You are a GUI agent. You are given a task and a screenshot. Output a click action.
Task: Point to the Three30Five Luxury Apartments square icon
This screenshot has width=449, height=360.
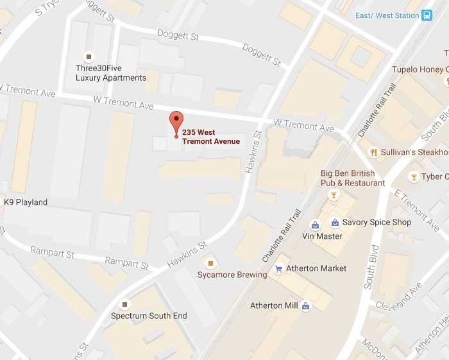pos(89,56)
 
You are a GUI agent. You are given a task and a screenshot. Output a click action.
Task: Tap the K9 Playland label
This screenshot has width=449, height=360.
pos(26,202)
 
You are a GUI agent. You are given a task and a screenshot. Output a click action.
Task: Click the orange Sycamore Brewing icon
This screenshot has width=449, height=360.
pos(209,263)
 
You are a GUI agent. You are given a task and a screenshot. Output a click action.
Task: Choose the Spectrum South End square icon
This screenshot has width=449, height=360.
pos(124,304)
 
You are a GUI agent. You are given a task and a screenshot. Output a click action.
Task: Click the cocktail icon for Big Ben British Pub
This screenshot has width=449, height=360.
pos(333,194)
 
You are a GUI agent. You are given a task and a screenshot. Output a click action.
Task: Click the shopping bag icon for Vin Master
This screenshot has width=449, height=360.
pos(315,225)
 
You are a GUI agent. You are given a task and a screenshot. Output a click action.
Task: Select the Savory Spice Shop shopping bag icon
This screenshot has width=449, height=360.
pos(335,223)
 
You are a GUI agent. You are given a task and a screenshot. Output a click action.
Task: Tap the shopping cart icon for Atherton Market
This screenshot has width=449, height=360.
pos(278,268)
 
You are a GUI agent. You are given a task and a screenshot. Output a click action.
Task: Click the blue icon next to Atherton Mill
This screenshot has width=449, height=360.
pos(306,305)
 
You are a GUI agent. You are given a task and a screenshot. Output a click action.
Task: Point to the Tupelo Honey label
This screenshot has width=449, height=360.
pos(419,69)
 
